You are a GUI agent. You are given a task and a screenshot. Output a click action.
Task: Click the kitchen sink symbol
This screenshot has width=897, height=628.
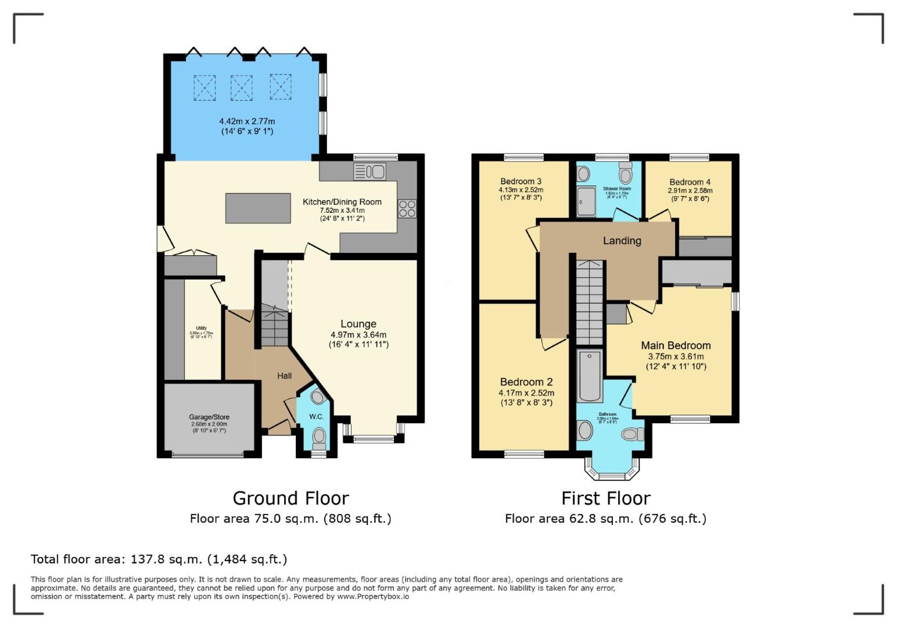pyautogui.click(x=369, y=172)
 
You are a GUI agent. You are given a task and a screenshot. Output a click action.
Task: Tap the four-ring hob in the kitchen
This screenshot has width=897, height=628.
pyautogui.click(x=407, y=208)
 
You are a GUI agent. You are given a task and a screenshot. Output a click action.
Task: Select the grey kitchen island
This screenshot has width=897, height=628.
pyautogui.click(x=258, y=208)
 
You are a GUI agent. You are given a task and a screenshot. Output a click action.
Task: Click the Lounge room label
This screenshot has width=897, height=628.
pyautogui.click(x=358, y=324)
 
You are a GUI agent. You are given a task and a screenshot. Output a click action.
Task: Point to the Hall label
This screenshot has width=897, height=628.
pyautogui.click(x=284, y=376)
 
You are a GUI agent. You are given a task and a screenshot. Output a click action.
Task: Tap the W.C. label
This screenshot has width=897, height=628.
pyautogui.click(x=316, y=416)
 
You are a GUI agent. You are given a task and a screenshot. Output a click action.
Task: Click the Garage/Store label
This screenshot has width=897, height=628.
pyautogui.click(x=209, y=417)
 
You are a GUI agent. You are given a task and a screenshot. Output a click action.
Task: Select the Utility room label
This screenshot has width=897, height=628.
pyautogui.click(x=201, y=329)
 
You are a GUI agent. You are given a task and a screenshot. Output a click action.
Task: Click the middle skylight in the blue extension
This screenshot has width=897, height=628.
pyautogui.click(x=242, y=88)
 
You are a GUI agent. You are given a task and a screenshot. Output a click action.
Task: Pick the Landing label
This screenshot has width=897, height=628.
pyautogui.click(x=622, y=241)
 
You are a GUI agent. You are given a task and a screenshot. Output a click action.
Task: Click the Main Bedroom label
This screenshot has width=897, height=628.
pyautogui.click(x=676, y=345)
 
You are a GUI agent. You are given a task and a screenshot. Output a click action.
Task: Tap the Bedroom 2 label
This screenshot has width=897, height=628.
pyautogui.click(x=526, y=382)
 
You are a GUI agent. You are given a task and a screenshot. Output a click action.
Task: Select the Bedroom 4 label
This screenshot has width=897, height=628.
pyautogui.click(x=690, y=182)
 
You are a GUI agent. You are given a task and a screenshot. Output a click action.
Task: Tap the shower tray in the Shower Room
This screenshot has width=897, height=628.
pyautogui.click(x=586, y=201)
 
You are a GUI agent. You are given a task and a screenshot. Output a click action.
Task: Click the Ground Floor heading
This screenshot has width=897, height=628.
pyautogui.click(x=290, y=498)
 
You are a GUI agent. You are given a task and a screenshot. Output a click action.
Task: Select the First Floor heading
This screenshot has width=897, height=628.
pyautogui.click(x=605, y=498)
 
